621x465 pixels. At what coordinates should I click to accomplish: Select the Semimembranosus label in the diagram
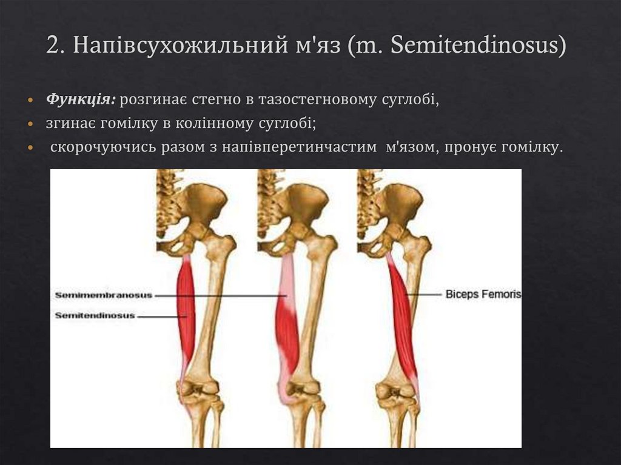(x=103, y=295)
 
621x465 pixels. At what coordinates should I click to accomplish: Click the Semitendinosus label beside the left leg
(x=95, y=316)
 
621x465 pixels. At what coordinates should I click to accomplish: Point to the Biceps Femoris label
(x=483, y=295)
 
